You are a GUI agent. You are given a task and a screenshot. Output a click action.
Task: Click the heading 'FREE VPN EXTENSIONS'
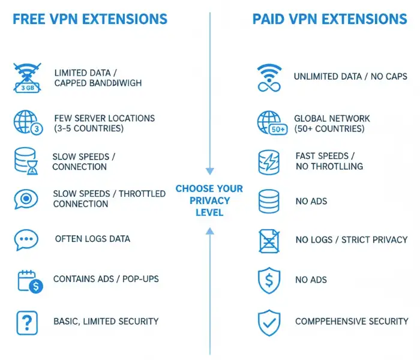(x=90, y=19)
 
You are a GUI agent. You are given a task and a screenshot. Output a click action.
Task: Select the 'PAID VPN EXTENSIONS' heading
(x=330, y=19)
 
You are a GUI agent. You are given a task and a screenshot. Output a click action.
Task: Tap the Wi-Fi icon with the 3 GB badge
(x=27, y=77)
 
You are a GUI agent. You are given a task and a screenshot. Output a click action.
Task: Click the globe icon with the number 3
(x=27, y=123)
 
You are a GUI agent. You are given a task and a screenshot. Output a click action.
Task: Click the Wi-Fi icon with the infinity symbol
(x=268, y=78)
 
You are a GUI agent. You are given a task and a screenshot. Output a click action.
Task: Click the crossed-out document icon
(x=268, y=240)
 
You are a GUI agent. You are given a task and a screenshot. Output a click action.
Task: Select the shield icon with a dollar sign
(x=268, y=280)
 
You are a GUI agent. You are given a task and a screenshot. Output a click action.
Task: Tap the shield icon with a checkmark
(x=268, y=322)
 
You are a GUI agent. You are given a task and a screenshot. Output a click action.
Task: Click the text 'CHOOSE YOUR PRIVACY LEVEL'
(x=209, y=200)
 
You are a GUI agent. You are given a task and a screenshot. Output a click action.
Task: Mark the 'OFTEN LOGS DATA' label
(x=92, y=239)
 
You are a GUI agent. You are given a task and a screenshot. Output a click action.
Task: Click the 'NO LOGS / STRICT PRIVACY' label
(x=352, y=240)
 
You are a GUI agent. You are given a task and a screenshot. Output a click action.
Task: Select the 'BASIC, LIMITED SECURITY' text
(x=106, y=321)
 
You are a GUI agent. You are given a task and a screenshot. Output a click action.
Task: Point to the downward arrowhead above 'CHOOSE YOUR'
(x=209, y=170)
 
